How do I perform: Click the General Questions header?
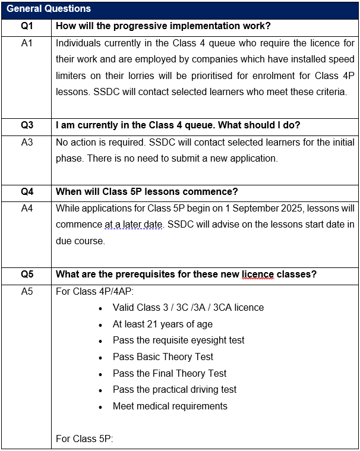pyautogui.click(x=49, y=9)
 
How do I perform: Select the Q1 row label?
pyautogui.click(x=27, y=27)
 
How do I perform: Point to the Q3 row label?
pyautogui.click(x=27, y=125)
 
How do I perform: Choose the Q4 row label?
pyautogui.click(x=27, y=191)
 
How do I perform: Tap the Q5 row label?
pyautogui.click(x=27, y=275)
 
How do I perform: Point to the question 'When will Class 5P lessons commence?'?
pyautogui.click(x=147, y=191)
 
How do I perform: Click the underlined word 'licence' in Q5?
pyautogui.click(x=257, y=275)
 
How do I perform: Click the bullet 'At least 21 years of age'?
pyautogui.click(x=162, y=324)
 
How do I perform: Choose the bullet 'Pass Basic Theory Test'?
pyautogui.click(x=163, y=357)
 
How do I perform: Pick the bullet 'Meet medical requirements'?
pyautogui.click(x=170, y=406)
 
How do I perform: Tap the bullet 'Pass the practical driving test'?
pyautogui.click(x=174, y=390)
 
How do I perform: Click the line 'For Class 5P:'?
pyautogui.click(x=84, y=439)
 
